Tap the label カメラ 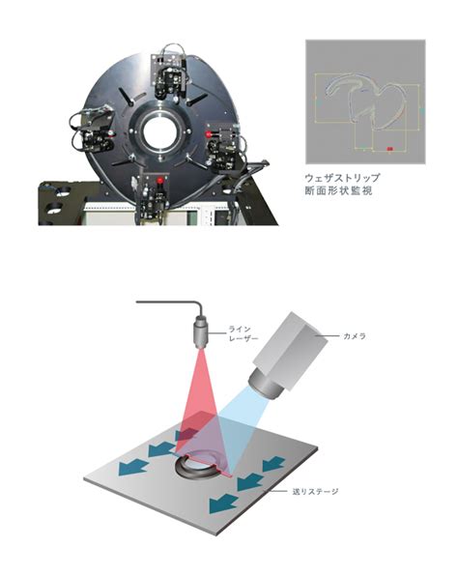pos(355,336)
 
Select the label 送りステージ pos(316,491)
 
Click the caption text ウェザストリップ pos(342,178)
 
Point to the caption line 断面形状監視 pos(338,190)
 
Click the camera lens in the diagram pos(265,385)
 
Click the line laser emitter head pos(201,331)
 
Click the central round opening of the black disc pos(160,132)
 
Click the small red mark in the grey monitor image pos(390,149)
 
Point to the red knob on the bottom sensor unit pos(159,181)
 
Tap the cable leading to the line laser pos(170,303)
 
